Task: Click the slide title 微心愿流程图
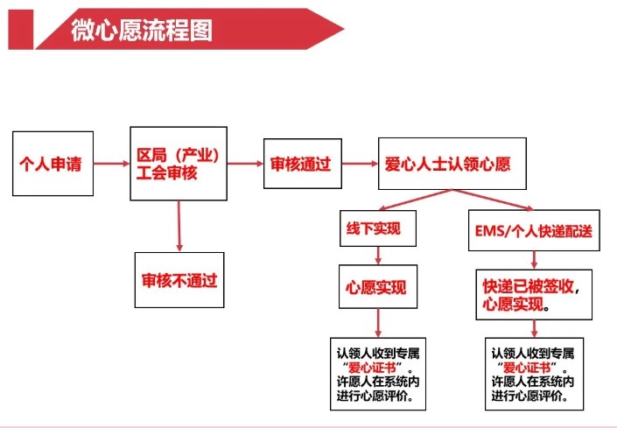(142, 31)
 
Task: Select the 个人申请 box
(52, 163)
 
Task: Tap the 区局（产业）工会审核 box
(179, 163)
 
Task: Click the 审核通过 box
(301, 163)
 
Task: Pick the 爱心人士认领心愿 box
(452, 163)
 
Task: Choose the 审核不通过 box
(179, 282)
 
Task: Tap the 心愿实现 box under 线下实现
(377, 288)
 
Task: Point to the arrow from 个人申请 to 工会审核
(110, 163)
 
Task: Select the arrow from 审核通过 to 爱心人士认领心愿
(359, 163)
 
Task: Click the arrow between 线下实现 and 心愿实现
(377, 256)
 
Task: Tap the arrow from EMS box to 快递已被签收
(533, 259)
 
